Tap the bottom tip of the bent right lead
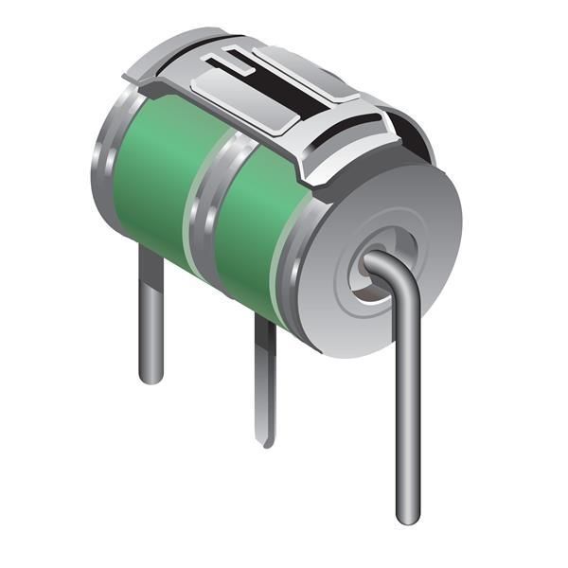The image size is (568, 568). pos(407,516)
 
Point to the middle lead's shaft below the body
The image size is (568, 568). pos(266,379)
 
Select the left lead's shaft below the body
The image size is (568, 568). pos(151,312)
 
